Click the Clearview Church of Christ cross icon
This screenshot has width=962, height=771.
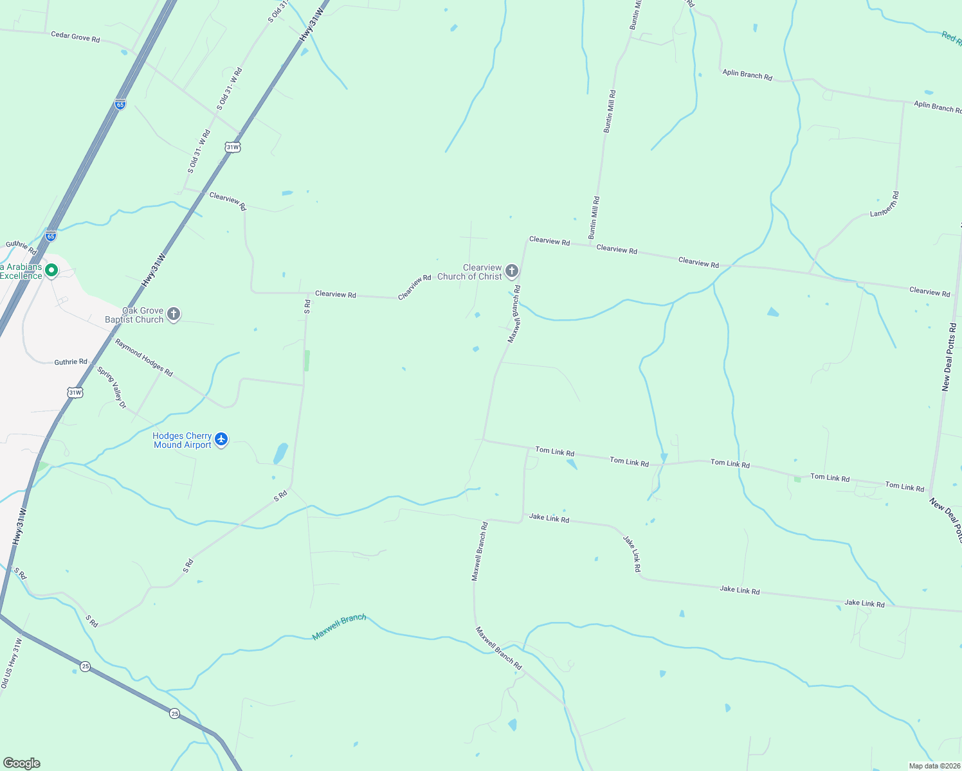(512, 271)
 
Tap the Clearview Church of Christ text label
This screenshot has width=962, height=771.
(470, 272)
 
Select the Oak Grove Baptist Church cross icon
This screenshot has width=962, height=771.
(173, 314)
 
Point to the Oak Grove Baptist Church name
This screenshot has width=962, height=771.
(134, 315)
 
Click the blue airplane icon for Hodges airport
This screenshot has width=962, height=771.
(221, 439)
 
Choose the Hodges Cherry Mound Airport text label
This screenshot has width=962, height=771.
(182, 440)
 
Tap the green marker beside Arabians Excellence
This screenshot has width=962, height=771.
(51, 271)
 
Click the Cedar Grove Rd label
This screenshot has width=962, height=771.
(75, 37)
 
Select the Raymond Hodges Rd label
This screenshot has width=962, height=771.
(144, 358)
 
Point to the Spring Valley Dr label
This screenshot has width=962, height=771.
(111, 387)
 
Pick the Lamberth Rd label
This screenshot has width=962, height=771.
(885, 204)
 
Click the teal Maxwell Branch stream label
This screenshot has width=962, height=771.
(339, 627)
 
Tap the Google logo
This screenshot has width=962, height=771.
(21, 763)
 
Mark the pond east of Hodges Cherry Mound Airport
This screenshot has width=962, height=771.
(280, 454)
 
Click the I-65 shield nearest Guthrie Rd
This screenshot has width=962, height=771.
(51, 236)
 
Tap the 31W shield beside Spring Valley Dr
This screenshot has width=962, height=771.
(75, 392)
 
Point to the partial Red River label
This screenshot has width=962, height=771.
(952, 37)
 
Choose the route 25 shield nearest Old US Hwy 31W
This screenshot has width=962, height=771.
(86, 666)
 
